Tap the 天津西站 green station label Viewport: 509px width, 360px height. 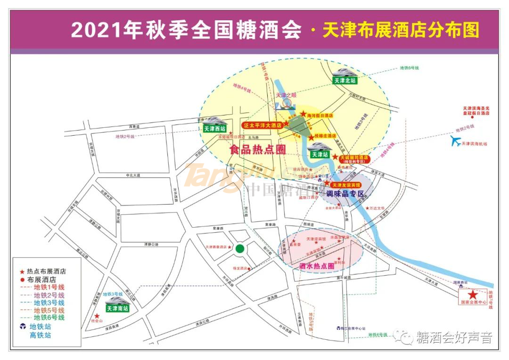214,128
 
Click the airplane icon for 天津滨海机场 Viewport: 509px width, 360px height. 455,141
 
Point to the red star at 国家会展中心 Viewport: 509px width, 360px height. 473,294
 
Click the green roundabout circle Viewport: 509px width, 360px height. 240,248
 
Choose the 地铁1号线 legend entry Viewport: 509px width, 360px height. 49,287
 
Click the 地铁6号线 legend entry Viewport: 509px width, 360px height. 49,318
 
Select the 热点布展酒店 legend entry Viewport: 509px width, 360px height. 46,271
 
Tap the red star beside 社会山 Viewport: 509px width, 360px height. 97,316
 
